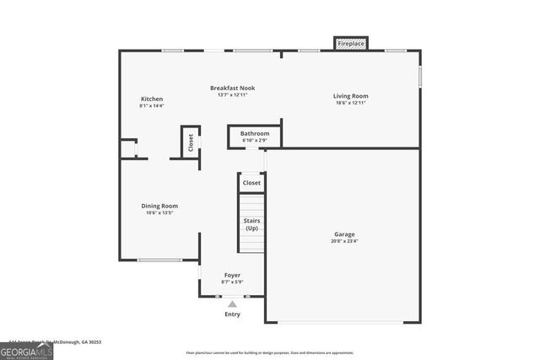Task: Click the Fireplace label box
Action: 351,43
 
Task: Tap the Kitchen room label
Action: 152,99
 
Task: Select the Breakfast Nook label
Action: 232,88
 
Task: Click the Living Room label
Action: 351,96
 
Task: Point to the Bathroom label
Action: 255,133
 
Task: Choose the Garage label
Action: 344,234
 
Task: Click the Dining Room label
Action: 159,206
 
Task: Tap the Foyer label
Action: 232,275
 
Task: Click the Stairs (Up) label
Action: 251,224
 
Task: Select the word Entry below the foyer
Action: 232,314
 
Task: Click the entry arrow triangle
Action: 232,304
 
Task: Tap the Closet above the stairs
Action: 251,183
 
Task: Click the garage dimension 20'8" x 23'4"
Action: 344,241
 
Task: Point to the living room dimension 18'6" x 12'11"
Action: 351,103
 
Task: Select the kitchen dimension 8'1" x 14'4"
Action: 152,106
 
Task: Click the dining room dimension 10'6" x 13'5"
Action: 159,212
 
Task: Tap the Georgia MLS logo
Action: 27,352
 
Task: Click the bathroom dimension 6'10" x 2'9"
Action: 255,140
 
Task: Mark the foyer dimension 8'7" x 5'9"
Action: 232,282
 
